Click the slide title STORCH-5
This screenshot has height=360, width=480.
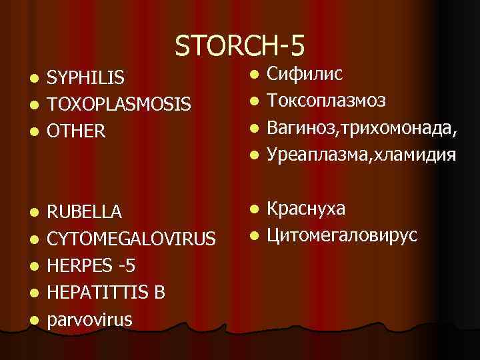click(240, 46)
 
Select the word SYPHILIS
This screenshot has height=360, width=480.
click(85, 79)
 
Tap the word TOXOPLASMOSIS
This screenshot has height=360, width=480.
click(119, 105)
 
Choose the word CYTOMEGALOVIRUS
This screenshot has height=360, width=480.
click(131, 239)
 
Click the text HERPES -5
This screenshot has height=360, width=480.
click(91, 265)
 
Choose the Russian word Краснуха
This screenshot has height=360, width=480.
click(306, 209)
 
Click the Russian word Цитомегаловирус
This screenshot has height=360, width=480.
click(342, 235)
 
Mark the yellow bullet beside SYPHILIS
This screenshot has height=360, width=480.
click(34, 79)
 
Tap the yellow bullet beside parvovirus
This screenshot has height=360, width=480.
click(34, 319)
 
